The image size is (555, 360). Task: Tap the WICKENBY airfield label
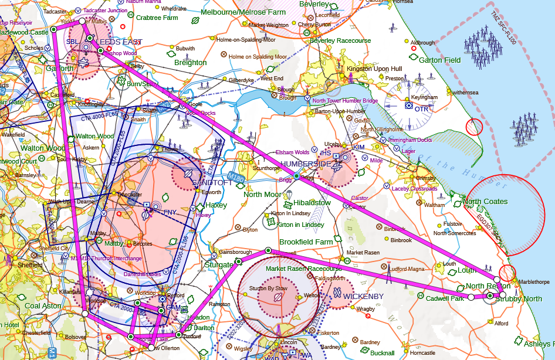363,297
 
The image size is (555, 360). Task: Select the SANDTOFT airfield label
212,183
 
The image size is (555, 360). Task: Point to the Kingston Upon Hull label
374,69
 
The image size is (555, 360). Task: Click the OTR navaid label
421,108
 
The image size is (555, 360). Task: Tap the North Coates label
485,202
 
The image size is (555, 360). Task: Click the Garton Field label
439,60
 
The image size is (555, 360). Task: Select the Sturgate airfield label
219,264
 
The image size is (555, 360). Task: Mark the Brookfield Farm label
306,242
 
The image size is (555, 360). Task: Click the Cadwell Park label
445,298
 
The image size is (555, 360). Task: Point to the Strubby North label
519,299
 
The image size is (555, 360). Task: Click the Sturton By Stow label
269,288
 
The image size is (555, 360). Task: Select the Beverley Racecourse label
340,41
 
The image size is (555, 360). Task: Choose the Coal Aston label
43,305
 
